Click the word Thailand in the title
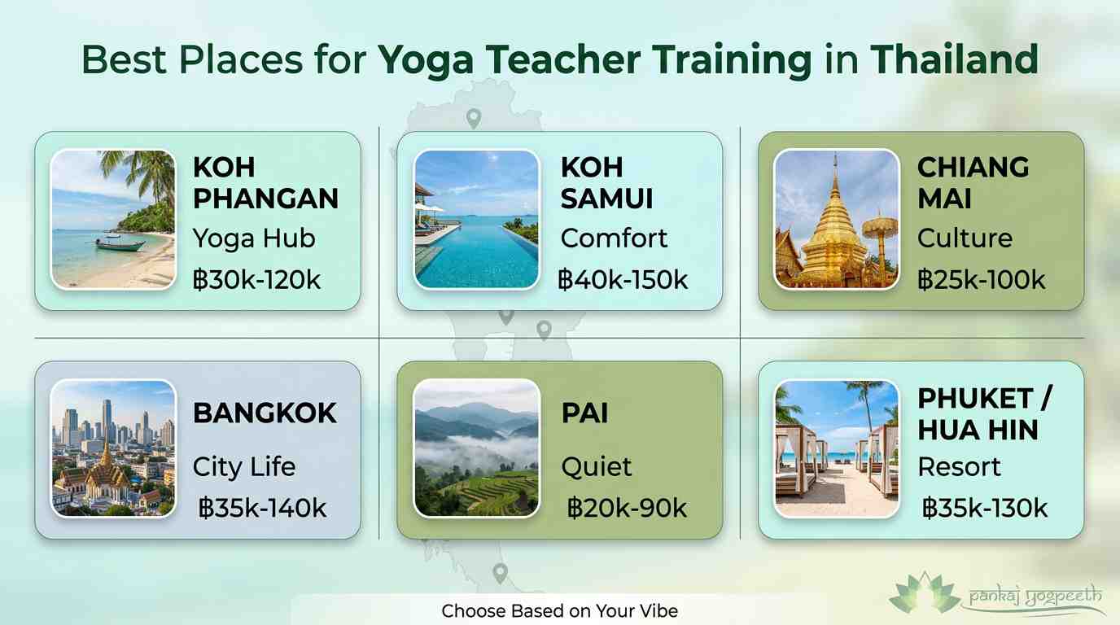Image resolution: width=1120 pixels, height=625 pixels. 954,61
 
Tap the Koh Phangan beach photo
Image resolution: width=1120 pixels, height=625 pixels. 113,219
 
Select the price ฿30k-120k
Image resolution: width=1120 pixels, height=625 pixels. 257,281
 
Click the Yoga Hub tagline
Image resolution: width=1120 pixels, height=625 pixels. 254,238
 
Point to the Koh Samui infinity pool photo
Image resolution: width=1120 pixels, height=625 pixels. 476,219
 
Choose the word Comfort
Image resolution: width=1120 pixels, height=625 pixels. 614,238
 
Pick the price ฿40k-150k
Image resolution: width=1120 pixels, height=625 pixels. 623,281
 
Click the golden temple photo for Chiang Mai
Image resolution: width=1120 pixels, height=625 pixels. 836,219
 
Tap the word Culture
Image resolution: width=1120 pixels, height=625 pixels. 965,238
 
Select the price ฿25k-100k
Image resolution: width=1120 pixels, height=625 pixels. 981,281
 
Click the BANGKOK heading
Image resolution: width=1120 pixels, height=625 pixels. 265,413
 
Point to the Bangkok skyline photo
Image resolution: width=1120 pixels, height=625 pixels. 113,448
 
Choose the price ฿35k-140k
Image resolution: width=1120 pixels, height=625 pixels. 262,509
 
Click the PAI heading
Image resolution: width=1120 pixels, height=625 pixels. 584,413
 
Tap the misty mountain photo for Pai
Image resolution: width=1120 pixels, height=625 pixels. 476,448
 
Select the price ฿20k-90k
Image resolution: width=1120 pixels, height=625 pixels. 627,509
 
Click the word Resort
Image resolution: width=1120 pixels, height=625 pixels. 959,467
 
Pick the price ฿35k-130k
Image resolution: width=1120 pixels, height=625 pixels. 985,509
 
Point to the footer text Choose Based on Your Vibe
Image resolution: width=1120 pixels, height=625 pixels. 559,610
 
